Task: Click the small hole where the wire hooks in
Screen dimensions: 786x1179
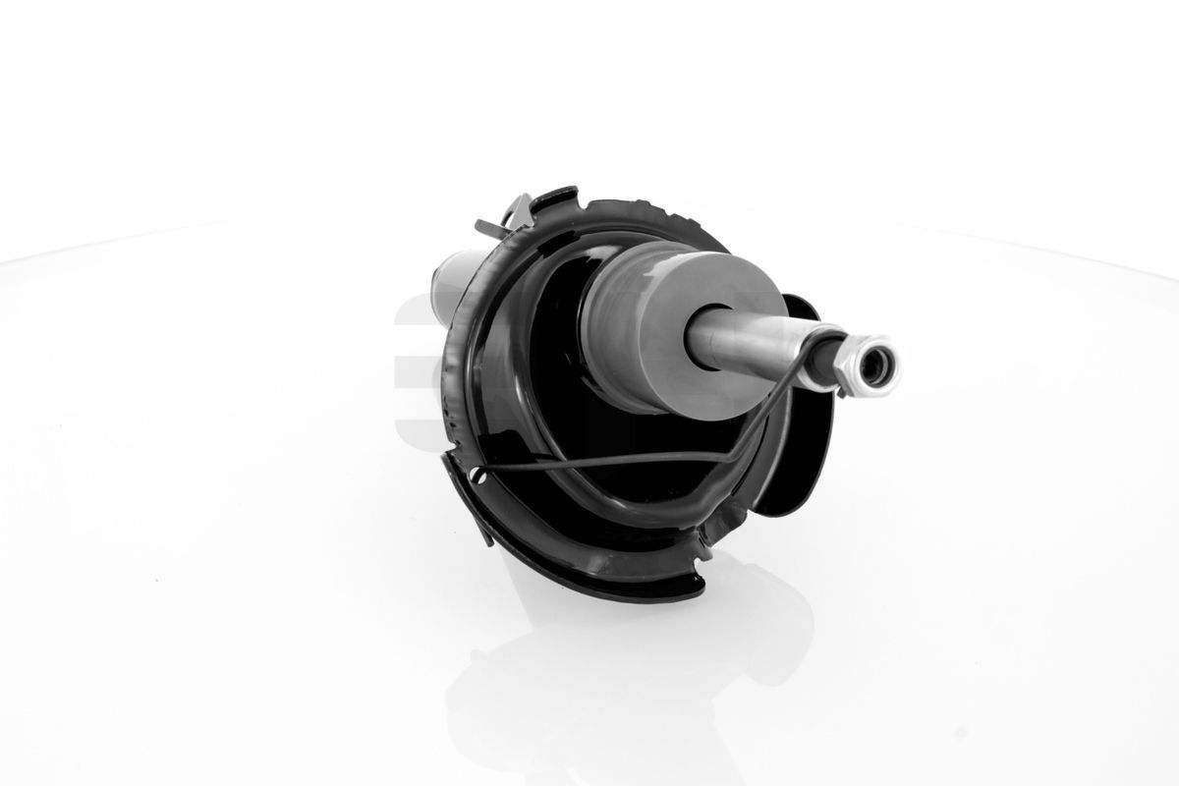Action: click(478, 477)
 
